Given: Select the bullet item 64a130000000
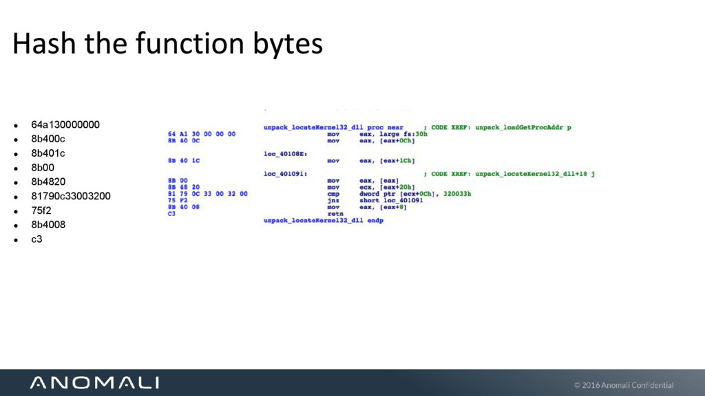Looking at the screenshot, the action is (x=65, y=124).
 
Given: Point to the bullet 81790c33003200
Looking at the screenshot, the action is (x=70, y=196).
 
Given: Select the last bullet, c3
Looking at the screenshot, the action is (x=37, y=239).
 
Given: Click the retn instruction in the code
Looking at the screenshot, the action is (x=334, y=214).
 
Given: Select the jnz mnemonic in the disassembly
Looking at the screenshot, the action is (x=333, y=200).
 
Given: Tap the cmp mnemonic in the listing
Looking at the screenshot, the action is (x=333, y=194).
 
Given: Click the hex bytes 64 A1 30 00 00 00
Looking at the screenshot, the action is (x=202, y=133).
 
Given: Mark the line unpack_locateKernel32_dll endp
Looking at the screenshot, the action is (x=323, y=221).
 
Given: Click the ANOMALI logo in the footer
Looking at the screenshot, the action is (x=94, y=382).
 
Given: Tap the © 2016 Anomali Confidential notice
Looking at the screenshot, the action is (x=624, y=385).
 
